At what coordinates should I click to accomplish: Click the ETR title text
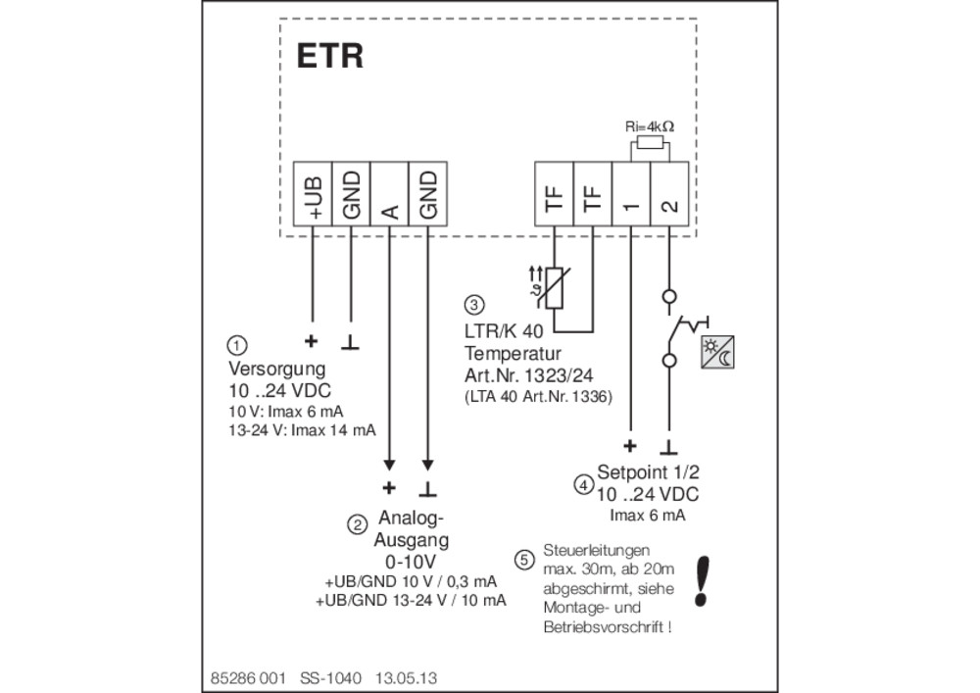tap(329, 56)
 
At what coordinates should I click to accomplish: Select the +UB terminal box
tap(314, 194)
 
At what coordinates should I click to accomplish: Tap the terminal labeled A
tap(389, 194)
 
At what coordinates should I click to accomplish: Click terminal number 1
tap(630, 194)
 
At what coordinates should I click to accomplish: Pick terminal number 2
tap(669, 194)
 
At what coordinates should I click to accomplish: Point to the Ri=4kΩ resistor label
tap(650, 126)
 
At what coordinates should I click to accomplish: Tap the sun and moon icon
tap(717, 353)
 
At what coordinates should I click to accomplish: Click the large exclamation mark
tap(703, 582)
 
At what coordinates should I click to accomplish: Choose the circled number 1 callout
tap(237, 345)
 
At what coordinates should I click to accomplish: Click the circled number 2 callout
tap(357, 525)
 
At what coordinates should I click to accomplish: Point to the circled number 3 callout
tap(474, 305)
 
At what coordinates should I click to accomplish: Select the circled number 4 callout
tap(584, 484)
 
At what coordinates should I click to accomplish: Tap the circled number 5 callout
tap(524, 560)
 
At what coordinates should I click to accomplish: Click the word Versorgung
tap(277, 369)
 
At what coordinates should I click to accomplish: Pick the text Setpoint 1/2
tap(648, 471)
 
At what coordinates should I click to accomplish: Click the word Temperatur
tap(513, 354)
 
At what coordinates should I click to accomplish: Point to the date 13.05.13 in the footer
tap(407, 678)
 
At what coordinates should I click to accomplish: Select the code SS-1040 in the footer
tap(330, 678)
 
